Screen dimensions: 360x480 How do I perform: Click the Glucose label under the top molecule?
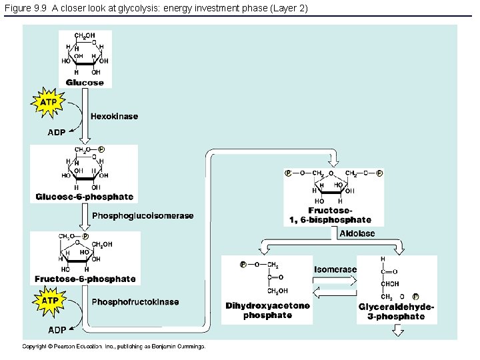[85, 83]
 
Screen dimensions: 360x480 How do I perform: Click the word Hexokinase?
[114, 116]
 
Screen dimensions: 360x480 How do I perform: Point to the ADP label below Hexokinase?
[57, 133]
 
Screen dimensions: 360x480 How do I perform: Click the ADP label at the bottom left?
[57, 330]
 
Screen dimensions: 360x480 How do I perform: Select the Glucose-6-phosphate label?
[85, 197]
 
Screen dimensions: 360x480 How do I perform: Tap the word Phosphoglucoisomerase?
[142, 216]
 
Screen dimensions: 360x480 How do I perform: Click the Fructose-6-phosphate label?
[85, 279]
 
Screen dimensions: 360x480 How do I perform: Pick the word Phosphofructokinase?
[135, 302]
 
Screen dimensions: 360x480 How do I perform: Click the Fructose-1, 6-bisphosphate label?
[330, 215]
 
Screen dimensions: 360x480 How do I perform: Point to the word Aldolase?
[357, 233]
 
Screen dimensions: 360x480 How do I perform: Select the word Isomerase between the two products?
[335, 269]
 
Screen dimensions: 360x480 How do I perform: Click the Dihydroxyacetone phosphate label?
[267, 311]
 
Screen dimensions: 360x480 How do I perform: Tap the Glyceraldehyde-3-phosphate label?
[396, 311]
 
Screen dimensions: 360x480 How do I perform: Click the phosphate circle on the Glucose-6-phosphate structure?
[101, 149]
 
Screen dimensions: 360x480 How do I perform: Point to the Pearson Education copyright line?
[113, 346]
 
